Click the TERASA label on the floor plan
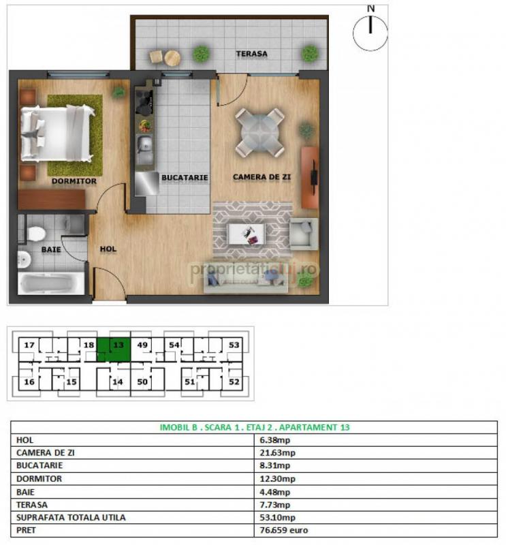coord(251,54)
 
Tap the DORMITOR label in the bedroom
coord(74,181)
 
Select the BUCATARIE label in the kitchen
coord(185,177)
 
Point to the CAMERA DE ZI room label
coord(262,177)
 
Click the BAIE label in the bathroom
coord(51,249)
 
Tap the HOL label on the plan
coord(108,249)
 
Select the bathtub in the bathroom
coord(51,283)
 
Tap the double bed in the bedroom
coord(57,134)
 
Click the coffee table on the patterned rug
coord(247,234)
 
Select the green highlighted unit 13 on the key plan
coord(114,349)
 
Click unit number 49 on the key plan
coord(142,345)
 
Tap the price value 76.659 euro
coord(283,530)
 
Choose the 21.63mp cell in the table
coord(277,452)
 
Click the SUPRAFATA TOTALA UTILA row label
coord(71,517)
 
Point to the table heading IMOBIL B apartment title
coord(255,427)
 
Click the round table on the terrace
coord(172,58)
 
